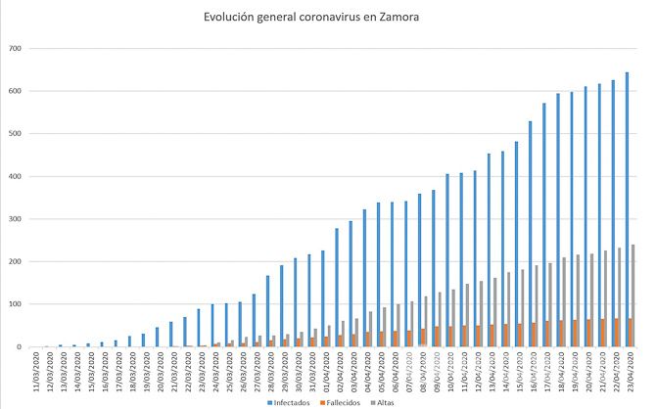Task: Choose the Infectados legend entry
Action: click(290, 401)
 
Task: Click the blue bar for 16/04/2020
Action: click(530, 234)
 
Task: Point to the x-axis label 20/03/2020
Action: click(158, 370)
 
